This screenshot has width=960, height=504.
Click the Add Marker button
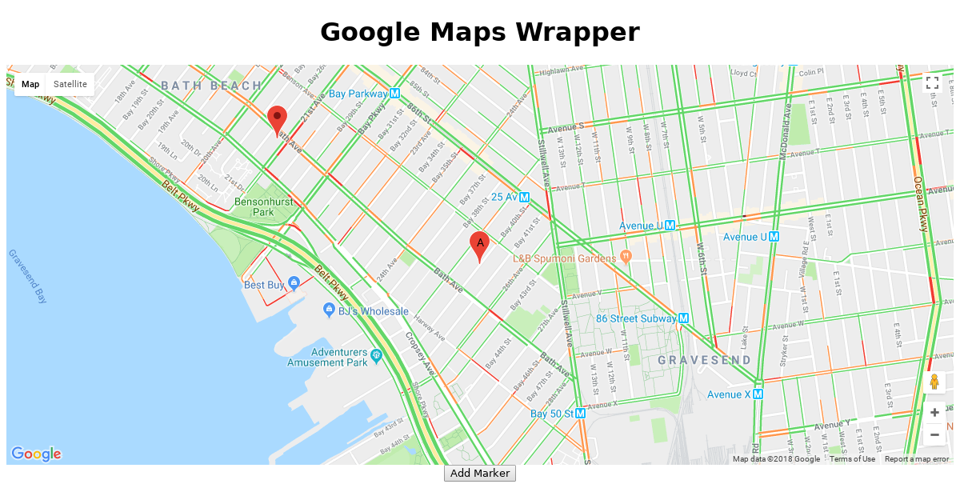coord(480,473)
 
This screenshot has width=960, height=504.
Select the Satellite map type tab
coord(70,84)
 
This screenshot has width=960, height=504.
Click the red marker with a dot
coord(277,119)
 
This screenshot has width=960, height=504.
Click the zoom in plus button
coord(934,413)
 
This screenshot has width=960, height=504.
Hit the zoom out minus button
coord(934,434)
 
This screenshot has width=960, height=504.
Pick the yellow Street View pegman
coord(934,382)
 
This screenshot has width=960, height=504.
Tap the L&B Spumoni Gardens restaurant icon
coord(626,258)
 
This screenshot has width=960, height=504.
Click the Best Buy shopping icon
coord(294,283)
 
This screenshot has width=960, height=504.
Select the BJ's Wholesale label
coord(373,311)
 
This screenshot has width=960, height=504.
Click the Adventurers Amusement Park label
coord(338,357)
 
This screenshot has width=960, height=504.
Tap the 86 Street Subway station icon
coord(683,318)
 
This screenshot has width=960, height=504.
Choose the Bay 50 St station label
coord(552,414)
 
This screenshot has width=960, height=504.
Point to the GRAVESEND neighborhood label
coord(705,360)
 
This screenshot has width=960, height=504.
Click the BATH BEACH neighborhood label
coord(211,86)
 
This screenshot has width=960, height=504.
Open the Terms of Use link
coord(852,459)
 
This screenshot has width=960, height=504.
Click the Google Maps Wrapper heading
coord(480,33)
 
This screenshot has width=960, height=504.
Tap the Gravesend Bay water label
coord(27,276)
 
